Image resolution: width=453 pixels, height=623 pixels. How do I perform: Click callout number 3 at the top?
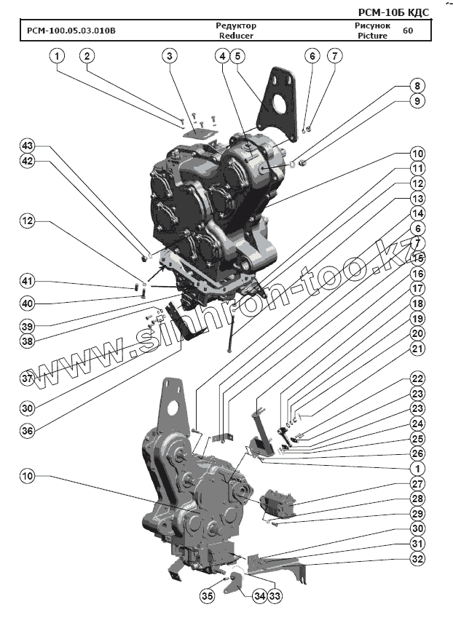point(169,56)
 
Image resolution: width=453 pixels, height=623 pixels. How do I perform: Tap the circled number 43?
point(27,146)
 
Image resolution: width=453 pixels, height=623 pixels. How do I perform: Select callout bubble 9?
point(417,101)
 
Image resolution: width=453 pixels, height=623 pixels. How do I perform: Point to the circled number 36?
point(27,431)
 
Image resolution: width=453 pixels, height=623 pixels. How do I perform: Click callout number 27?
point(417,484)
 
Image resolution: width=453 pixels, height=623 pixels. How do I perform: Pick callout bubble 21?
point(417,349)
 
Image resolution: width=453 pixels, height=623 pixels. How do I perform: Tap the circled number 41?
point(27,282)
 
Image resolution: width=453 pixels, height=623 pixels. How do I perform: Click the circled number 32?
point(417,559)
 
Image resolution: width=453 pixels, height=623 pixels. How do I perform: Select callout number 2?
point(87,56)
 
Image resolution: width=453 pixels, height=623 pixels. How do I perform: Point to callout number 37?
point(27,378)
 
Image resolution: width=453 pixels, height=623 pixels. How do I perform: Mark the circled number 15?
point(417,258)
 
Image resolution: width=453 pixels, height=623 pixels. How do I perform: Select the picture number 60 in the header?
point(407,31)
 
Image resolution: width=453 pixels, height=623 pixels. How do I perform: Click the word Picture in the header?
point(373,35)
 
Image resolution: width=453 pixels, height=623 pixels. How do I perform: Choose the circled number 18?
point(417,303)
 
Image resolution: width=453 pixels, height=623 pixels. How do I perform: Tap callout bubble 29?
point(417,515)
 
